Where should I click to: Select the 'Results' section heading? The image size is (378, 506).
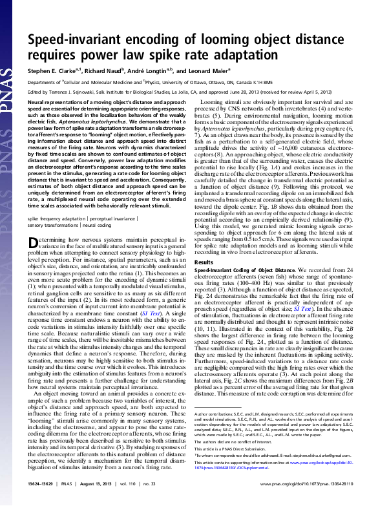[204, 263]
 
